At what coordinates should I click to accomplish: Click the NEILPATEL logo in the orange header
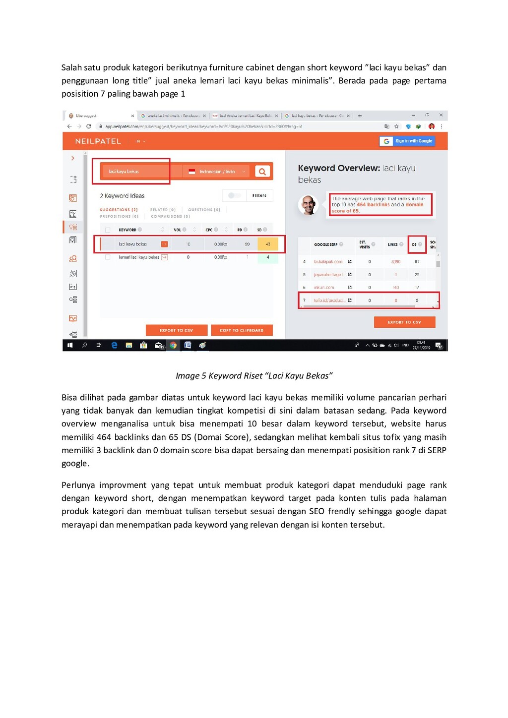tap(98, 141)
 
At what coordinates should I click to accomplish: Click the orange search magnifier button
tap(262, 172)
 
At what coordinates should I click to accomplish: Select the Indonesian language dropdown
tap(217, 172)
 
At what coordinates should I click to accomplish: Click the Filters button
tap(259, 195)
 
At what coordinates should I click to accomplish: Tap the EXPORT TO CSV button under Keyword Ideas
tap(176, 330)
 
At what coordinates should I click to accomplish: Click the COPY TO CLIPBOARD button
tap(242, 330)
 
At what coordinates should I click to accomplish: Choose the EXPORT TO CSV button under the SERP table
tap(404, 322)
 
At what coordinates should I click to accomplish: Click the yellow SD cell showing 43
tap(268, 244)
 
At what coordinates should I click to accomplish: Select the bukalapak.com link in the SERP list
tap(328, 261)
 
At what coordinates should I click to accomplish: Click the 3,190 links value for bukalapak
tap(396, 261)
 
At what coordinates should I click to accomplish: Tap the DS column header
tap(414, 244)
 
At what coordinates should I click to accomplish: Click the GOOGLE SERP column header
tap(326, 244)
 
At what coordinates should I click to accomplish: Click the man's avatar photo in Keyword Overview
tap(309, 205)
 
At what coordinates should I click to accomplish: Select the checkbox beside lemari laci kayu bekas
tap(108, 257)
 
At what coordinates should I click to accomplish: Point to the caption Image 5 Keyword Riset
tap(254, 376)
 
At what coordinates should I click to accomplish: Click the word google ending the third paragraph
tap(75, 464)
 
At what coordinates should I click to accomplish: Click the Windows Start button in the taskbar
tap(70, 345)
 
